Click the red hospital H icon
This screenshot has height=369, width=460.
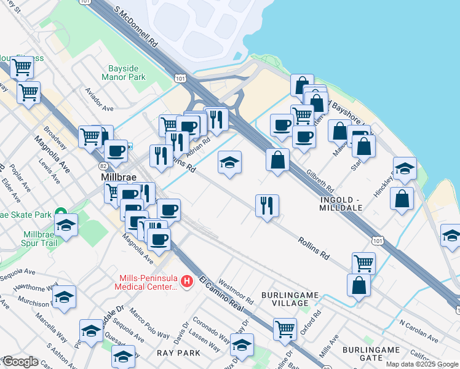(188, 282)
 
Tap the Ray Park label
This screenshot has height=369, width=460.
(178, 353)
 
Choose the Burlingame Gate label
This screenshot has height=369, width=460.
(371, 354)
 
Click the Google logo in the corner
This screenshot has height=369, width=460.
(20, 362)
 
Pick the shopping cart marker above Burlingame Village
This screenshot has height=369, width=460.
(363, 263)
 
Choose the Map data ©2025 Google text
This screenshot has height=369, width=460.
(422, 364)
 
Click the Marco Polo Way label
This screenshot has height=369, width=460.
(150, 327)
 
